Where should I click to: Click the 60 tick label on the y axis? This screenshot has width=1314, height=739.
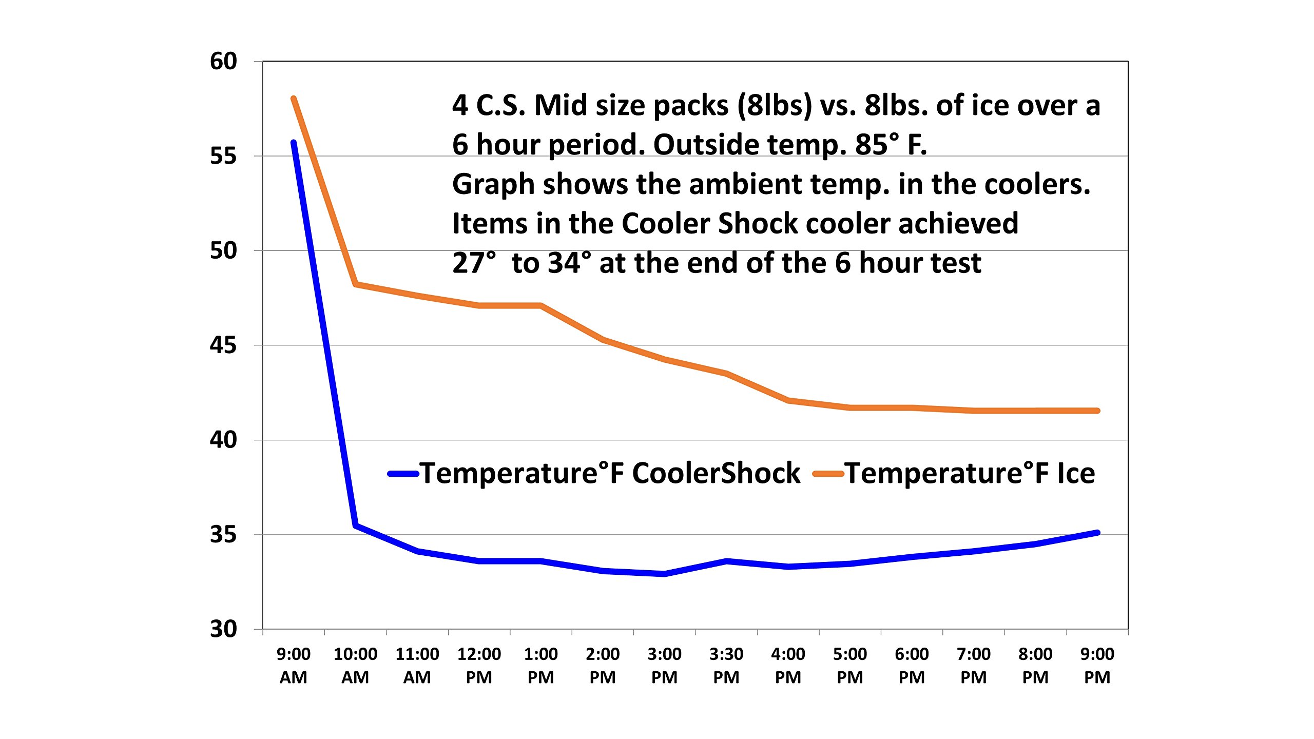(x=223, y=62)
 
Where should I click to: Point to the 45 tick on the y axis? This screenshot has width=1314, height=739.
(x=223, y=345)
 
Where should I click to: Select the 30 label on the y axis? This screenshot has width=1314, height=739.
(x=223, y=629)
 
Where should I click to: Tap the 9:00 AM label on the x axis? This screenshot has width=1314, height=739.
(x=293, y=666)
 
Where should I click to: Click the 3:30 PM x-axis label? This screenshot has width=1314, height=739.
(x=726, y=666)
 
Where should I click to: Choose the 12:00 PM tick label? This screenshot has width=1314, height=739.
(x=479, y=666)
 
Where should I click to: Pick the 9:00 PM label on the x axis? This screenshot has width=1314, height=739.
(x=1097, y=666)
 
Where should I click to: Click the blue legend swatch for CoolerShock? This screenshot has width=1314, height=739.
(x=403, y=474)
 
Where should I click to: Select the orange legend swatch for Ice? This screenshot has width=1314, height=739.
(x=828, y=474)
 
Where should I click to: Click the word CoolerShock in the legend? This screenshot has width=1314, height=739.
(x=716, y=473)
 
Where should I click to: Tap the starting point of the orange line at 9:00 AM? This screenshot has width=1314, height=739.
(x=294, y=99)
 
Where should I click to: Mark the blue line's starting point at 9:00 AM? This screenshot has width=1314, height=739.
(x=294, y=143)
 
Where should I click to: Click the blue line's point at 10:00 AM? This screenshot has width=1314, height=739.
(x=356, y=526)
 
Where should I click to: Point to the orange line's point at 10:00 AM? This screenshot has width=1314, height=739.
(x=356, y=284)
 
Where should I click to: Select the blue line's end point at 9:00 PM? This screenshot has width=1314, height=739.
(x=1097, y=533)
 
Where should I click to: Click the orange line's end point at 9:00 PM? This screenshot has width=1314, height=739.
(x=1097, y=411)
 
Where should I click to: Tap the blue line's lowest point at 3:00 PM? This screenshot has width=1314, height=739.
(x=665, y=574)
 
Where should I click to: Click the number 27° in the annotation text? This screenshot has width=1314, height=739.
(x=474, y=263)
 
